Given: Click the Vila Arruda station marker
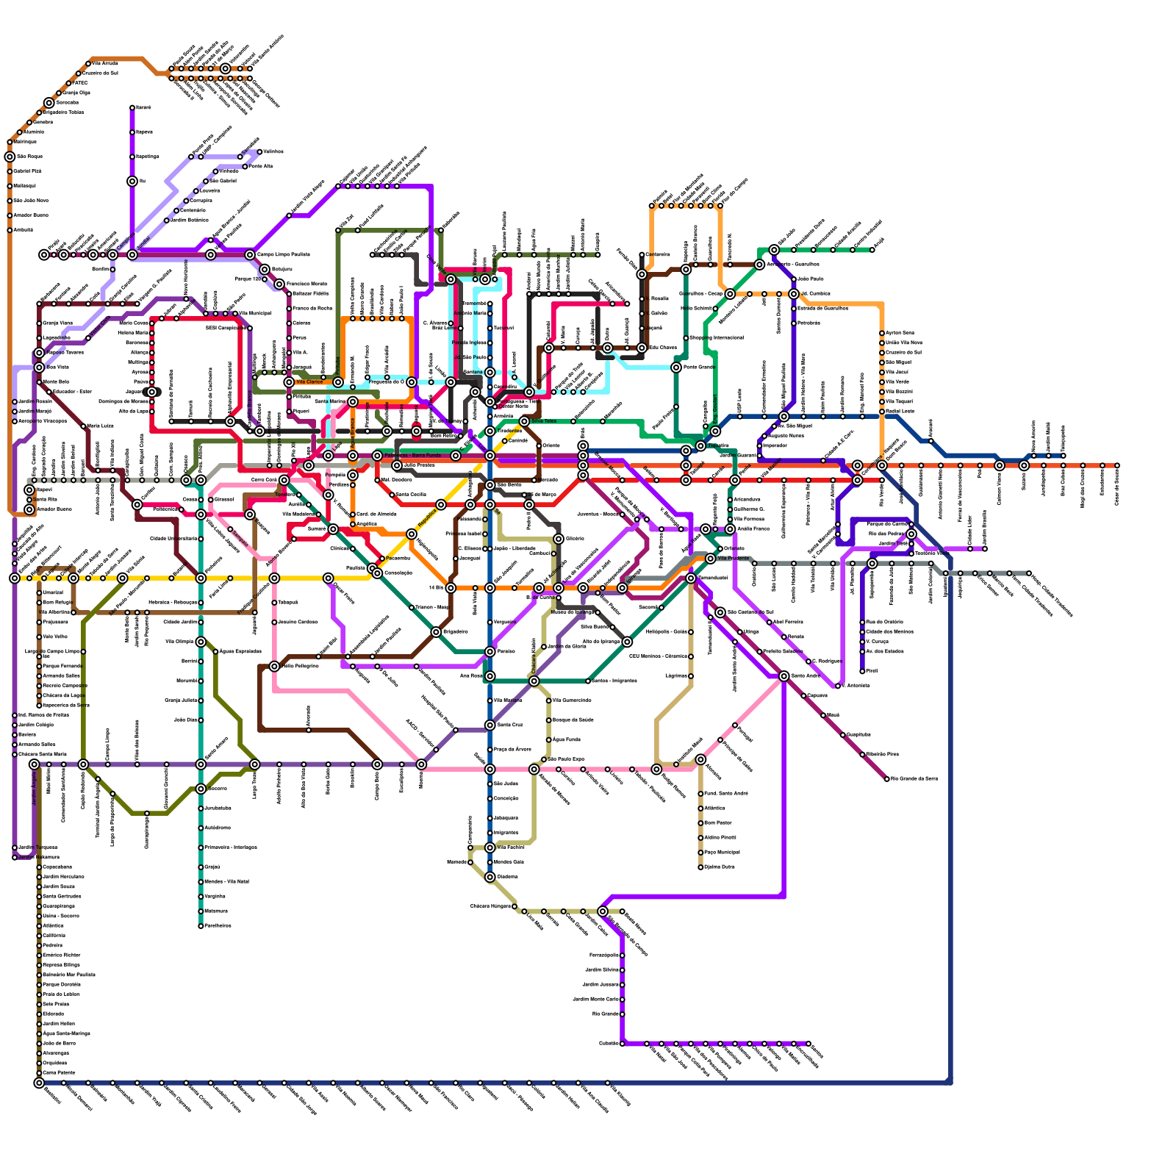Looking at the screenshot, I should pyautogui.click(x=88, y=64).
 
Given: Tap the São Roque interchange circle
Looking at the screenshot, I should pyautogui.click(x=10, y=157).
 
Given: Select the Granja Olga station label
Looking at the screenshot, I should pyautogui.click(x=76, y=93).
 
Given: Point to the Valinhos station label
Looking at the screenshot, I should pyautogui.click(x=273, y=151).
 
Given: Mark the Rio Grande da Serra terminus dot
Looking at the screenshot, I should pyautogui.click(x=886, y=778).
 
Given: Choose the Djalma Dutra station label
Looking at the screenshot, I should pyautogui.click(x=720, y=867).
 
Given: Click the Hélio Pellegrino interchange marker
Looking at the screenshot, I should pyautogui.click(x=274, y=667).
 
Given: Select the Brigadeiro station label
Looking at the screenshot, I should pyautogui.click(x=456, y=632).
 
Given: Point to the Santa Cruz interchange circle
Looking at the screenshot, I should pyautogui.click(x=490, y=725).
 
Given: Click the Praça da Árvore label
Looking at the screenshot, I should pyautogui.click(x=512, y=750).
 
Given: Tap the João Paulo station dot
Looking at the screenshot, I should pyautogui.click(x=794, y=279).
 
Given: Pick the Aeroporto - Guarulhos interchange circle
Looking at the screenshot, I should pyautogui.click(x=759, y=264).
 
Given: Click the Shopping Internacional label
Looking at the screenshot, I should pyautogui.click(x=716, y=338).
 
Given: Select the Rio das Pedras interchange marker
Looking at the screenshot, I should pyautogui.click(x=911, y=534).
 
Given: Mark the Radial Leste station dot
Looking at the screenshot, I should pyautogui.click(x=882, y=411).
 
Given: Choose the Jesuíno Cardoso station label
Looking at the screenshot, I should pyautogui.click(x=298, y=622).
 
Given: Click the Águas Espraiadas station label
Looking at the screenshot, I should pyautogui.click(x=240, y=651).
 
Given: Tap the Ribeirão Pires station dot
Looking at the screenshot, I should pyautogui.click(x=862, y=754).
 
